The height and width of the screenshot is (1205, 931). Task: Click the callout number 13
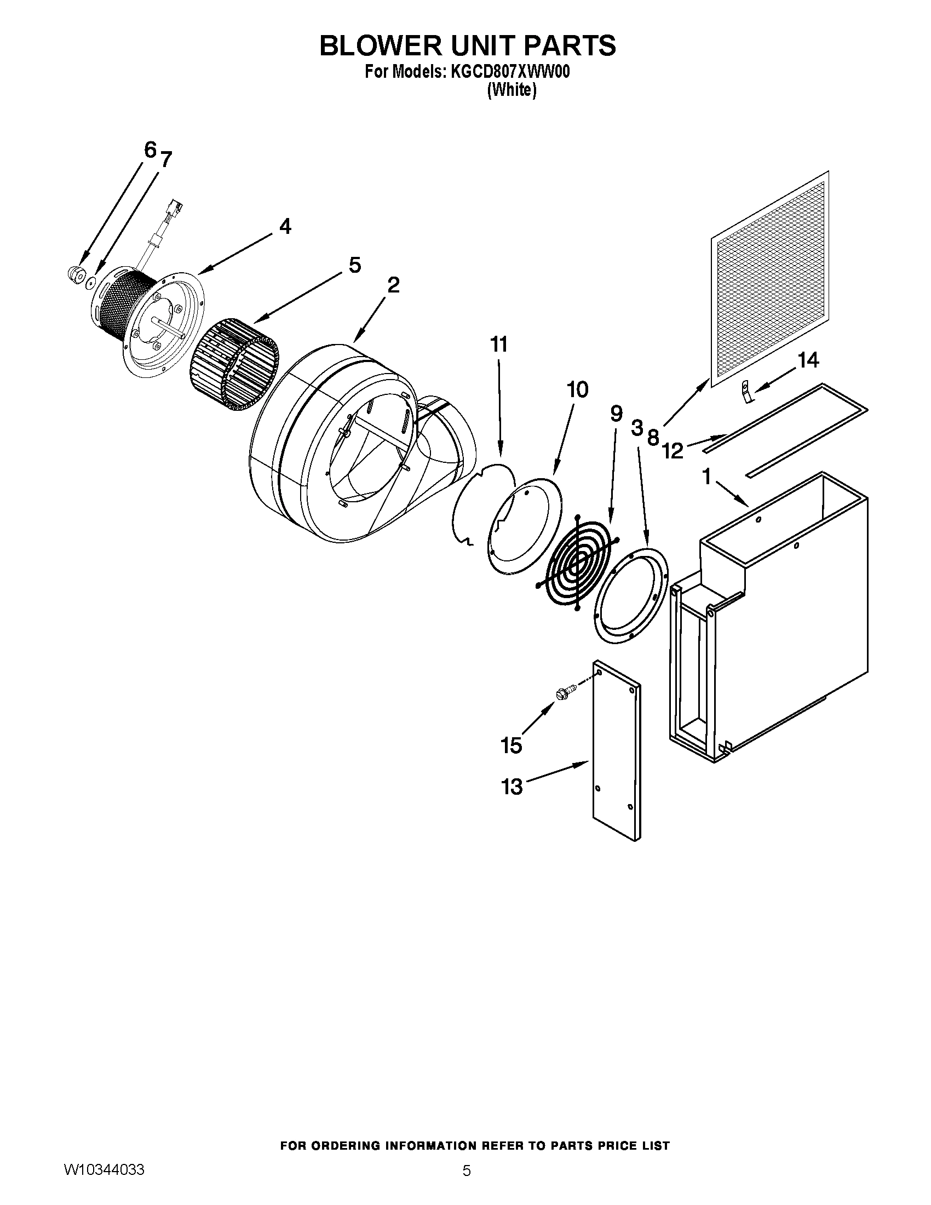pyautogui.click(x=512, y=786)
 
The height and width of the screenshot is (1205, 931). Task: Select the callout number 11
pyautogui.click(x=498, y=345)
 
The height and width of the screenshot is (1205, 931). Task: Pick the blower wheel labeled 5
pyautogui.click(x=234, y=362)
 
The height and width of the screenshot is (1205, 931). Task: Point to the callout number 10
pyautogui.click(x=577, y=390)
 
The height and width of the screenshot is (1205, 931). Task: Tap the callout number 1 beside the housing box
pyautogui.click(x=707, y=477)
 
